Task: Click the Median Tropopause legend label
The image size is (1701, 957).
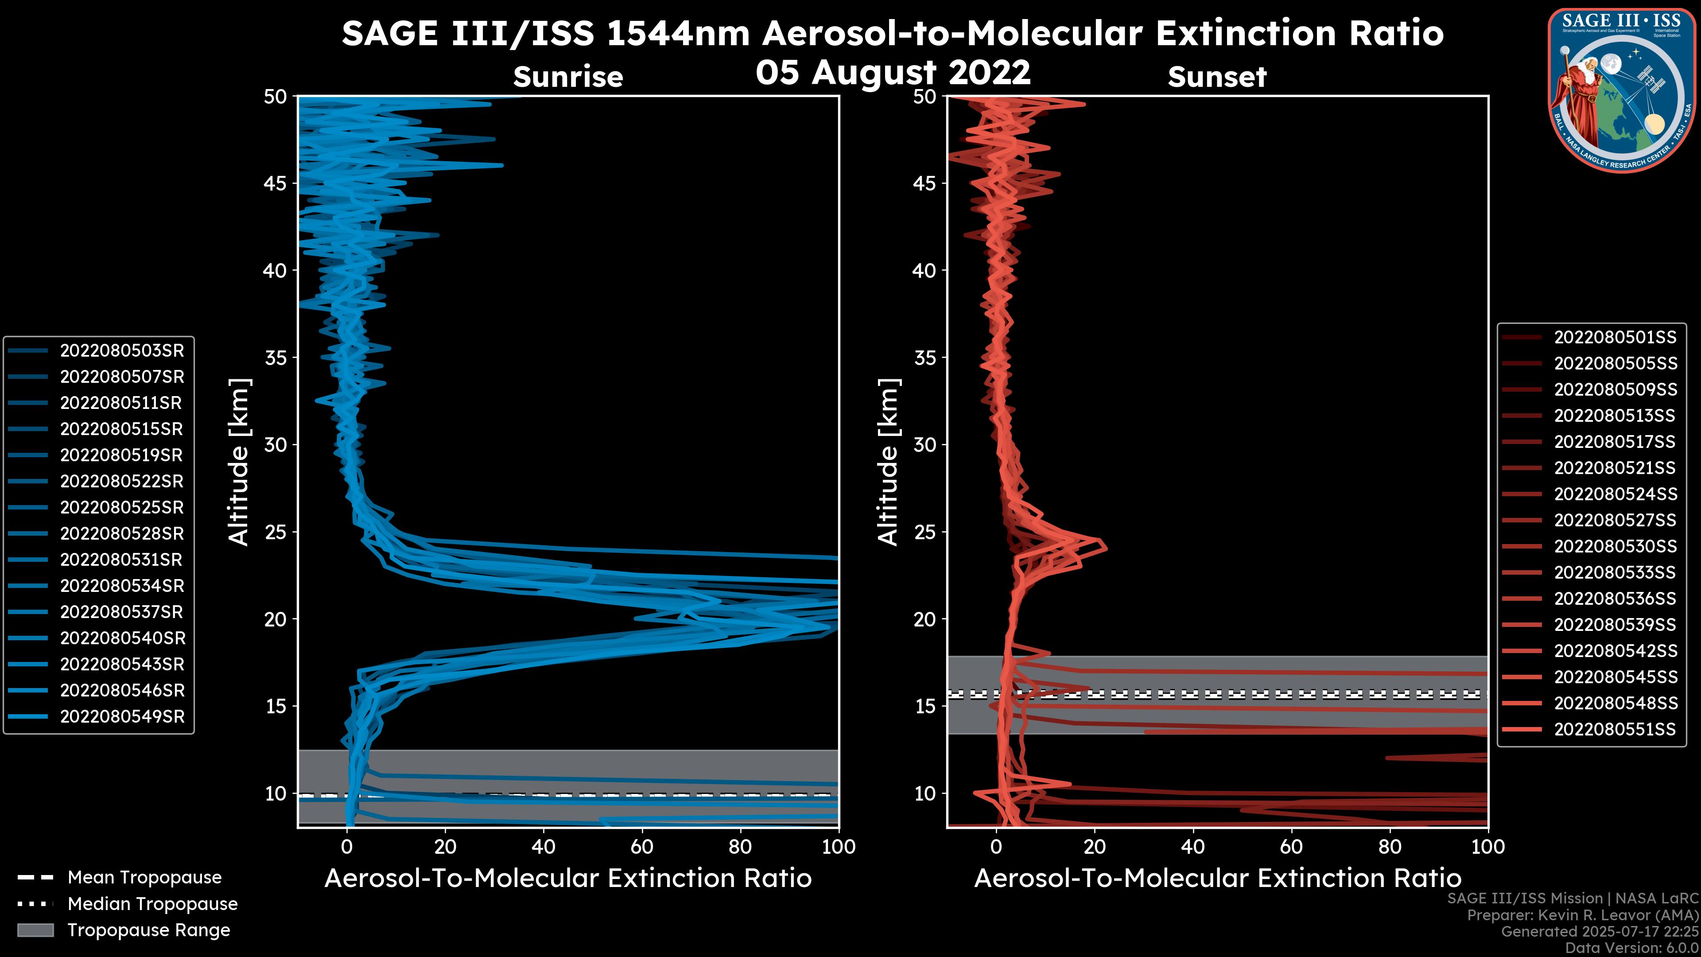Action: click(x=152, y=903)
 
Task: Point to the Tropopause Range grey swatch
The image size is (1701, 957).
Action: click(x=35, y=930)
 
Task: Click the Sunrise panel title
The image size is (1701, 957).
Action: click(x=568, y=77)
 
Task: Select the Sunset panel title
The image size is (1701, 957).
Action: click(x=1217, y=77)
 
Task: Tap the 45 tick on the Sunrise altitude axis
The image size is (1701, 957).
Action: click(x=276, y=183)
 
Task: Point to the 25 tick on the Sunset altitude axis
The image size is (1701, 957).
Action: click(x=925, y=532)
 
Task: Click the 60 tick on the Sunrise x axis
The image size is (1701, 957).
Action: click(x=642, y=847)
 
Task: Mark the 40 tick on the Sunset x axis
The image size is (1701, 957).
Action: click(x=1192, y=847)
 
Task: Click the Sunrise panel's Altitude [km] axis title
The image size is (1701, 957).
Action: click(x=239, y=462)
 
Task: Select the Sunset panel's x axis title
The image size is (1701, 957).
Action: click(x=1217, y=879)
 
